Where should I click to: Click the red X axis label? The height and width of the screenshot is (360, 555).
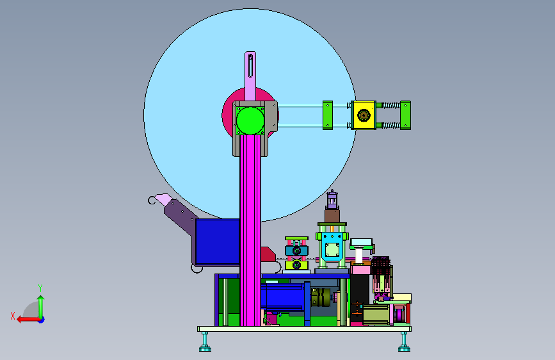(13, 316)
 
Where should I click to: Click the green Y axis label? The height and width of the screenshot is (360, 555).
(40, 288)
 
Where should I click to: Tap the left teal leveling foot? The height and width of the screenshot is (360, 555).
(205, 343)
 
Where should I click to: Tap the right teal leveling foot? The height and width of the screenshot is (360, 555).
(404, 343)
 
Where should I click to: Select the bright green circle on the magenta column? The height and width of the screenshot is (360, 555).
(250, 120)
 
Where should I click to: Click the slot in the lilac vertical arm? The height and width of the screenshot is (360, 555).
(250, 65)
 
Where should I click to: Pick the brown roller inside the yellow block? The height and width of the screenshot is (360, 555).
(364, 115)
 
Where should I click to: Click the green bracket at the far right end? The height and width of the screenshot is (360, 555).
(405, 115)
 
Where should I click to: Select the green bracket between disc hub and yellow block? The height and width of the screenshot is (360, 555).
(327, 115)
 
